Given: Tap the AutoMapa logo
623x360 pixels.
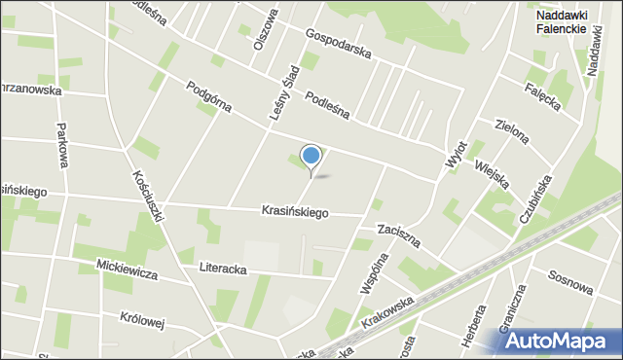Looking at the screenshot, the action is (562, 340).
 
